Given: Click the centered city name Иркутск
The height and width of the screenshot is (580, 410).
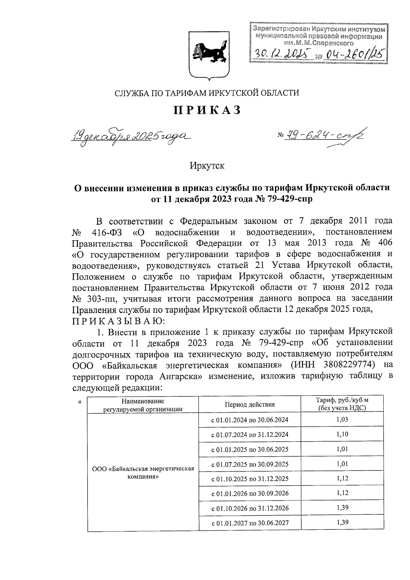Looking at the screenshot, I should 207,166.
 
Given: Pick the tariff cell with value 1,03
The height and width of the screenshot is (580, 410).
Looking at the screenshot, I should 342,419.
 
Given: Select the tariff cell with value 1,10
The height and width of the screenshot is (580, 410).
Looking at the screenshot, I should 342,434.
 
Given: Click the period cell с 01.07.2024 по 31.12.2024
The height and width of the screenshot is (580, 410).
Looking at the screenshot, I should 250,435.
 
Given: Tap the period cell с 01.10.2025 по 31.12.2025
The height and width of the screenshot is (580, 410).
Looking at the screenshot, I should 250,479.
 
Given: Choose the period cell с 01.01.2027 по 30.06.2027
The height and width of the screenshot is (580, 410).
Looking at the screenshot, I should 250,523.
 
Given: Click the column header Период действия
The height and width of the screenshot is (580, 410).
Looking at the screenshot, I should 250,405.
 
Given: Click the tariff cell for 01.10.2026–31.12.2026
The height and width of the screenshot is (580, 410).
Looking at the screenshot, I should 342,508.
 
